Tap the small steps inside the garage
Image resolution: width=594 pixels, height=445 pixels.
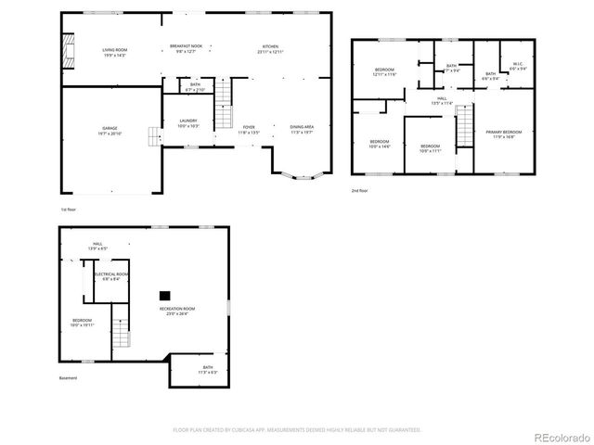pyautogui.click(x=153, y=136)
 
